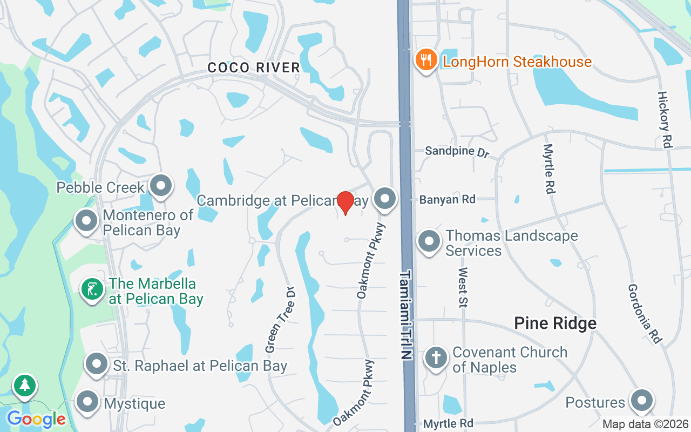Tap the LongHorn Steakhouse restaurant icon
click(x=426, y=60)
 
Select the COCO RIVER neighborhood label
click(x=254, y=67)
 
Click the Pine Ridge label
click(x=555, y=323)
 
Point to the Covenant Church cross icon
click(x=436, y=357)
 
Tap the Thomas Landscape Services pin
click(x=429, y=241)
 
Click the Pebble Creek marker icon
click(x=160, y=186)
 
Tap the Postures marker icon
click(x=642, y=401)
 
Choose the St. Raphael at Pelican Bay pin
click(x=97, y=364)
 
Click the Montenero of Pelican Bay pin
click(x=86, y=221)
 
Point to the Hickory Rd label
click(x=665, y=119)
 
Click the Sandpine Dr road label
click(x=457, y=151)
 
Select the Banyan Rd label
click(x=448, y=199)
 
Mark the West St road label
click(x=463, y=287)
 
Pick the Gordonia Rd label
click(x=645, y=314)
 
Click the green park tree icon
click(x=24, y=385)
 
